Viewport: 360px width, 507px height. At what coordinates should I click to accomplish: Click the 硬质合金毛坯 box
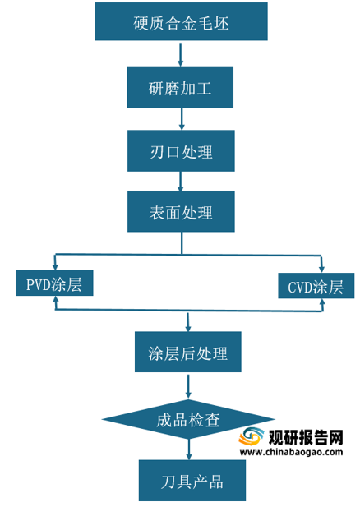(x=181, y=21)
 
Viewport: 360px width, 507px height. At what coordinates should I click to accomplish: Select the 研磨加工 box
(x=180, y=87)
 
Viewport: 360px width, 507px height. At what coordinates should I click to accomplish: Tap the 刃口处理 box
(x=181, y=150)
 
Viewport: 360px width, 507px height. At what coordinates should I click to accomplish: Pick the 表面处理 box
(x=181, y=211)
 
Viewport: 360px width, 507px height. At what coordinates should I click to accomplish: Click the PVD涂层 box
(x=54, y=283)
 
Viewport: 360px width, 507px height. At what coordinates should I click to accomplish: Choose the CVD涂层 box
(x=316, y=285)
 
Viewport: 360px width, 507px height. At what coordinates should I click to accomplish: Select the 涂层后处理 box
(x=188, y=352)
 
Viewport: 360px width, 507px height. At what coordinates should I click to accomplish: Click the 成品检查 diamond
(x=188, y=419)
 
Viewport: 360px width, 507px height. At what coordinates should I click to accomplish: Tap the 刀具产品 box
(x=192, y=481)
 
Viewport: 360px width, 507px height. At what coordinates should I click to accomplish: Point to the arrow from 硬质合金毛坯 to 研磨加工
(x=181, y=54)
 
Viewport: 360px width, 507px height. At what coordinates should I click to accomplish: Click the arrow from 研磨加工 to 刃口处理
(x=182, y=118)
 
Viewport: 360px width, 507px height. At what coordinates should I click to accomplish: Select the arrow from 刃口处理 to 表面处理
(x=181, y=181)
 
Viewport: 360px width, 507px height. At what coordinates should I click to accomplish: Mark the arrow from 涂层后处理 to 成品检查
(x=188, y=386)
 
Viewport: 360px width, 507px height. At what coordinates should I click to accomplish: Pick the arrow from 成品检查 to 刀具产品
(x=189, y=449)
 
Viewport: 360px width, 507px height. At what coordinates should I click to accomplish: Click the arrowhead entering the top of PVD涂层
(x=55, y=266)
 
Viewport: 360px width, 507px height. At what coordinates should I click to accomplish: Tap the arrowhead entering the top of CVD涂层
(x=321, y=268)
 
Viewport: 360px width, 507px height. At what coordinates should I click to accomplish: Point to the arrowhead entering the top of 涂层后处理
(x=188, y=328)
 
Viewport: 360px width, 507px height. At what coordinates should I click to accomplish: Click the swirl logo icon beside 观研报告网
(x=252, y=437)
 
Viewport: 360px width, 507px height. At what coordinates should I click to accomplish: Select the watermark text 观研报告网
(x=306, y=437)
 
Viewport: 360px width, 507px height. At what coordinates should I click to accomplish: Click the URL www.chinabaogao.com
(x=291, y=452)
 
